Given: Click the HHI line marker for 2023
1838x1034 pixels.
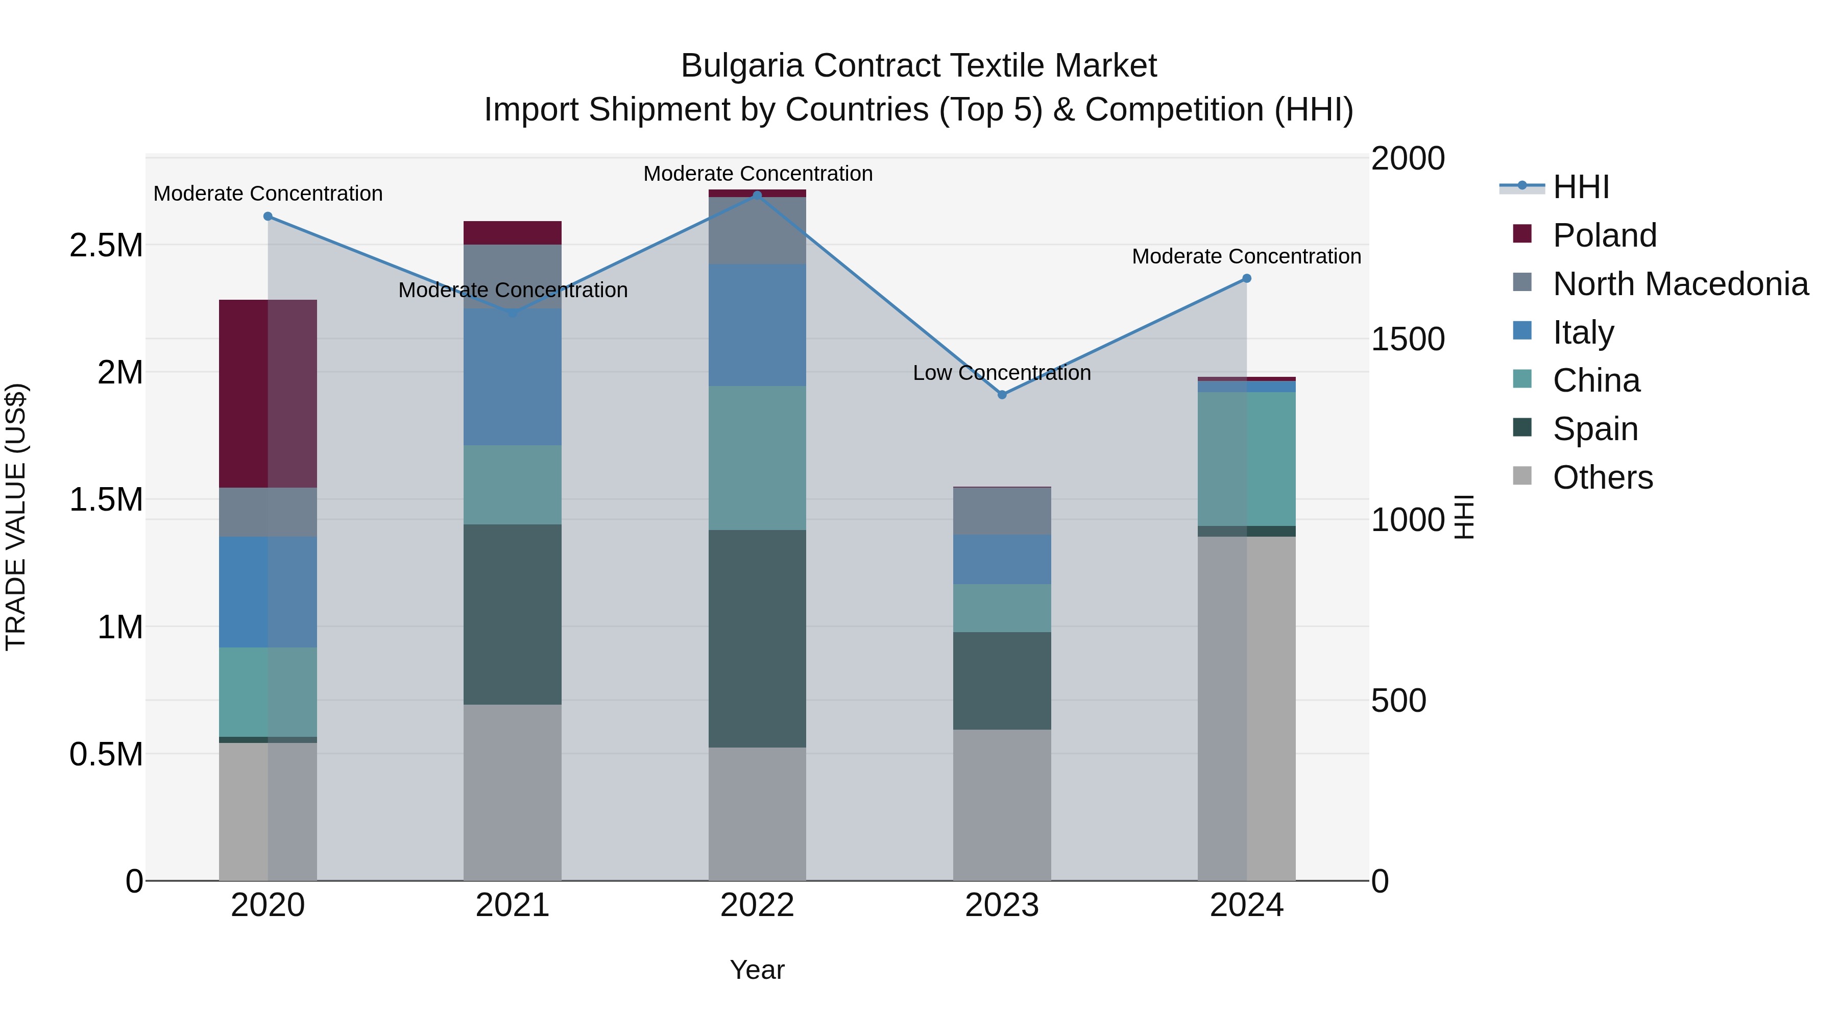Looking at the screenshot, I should point(1002,395).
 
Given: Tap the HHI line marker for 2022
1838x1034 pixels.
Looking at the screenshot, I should point(757,195).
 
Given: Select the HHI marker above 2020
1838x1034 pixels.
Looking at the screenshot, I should point(268,216).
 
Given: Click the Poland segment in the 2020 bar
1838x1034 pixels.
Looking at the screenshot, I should point(268,393).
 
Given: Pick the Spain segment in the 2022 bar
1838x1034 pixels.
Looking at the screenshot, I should point(757,639).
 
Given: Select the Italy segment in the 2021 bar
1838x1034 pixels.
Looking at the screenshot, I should point(512,377).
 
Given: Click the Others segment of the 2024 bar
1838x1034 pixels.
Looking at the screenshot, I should point(1246,708).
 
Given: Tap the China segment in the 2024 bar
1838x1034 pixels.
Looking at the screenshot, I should point(1246,459).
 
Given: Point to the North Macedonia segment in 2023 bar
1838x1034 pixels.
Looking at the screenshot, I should point(1002,511).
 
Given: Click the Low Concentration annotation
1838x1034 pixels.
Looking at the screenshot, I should point(1002,373).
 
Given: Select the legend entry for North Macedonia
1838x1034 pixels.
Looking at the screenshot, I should point(1680,284).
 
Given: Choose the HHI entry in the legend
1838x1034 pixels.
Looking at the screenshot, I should point(1580,187).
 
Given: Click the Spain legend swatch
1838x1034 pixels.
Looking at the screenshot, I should point(1522,427).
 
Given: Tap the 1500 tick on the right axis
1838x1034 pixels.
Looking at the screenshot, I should point(1408,339).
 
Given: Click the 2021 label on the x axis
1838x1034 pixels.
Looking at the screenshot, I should point(512,905).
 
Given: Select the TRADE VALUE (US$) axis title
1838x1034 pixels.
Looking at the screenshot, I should point(16,517).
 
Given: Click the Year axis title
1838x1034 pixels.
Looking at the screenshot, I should point(757,970).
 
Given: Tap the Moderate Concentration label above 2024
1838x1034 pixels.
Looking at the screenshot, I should point(1246,256).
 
